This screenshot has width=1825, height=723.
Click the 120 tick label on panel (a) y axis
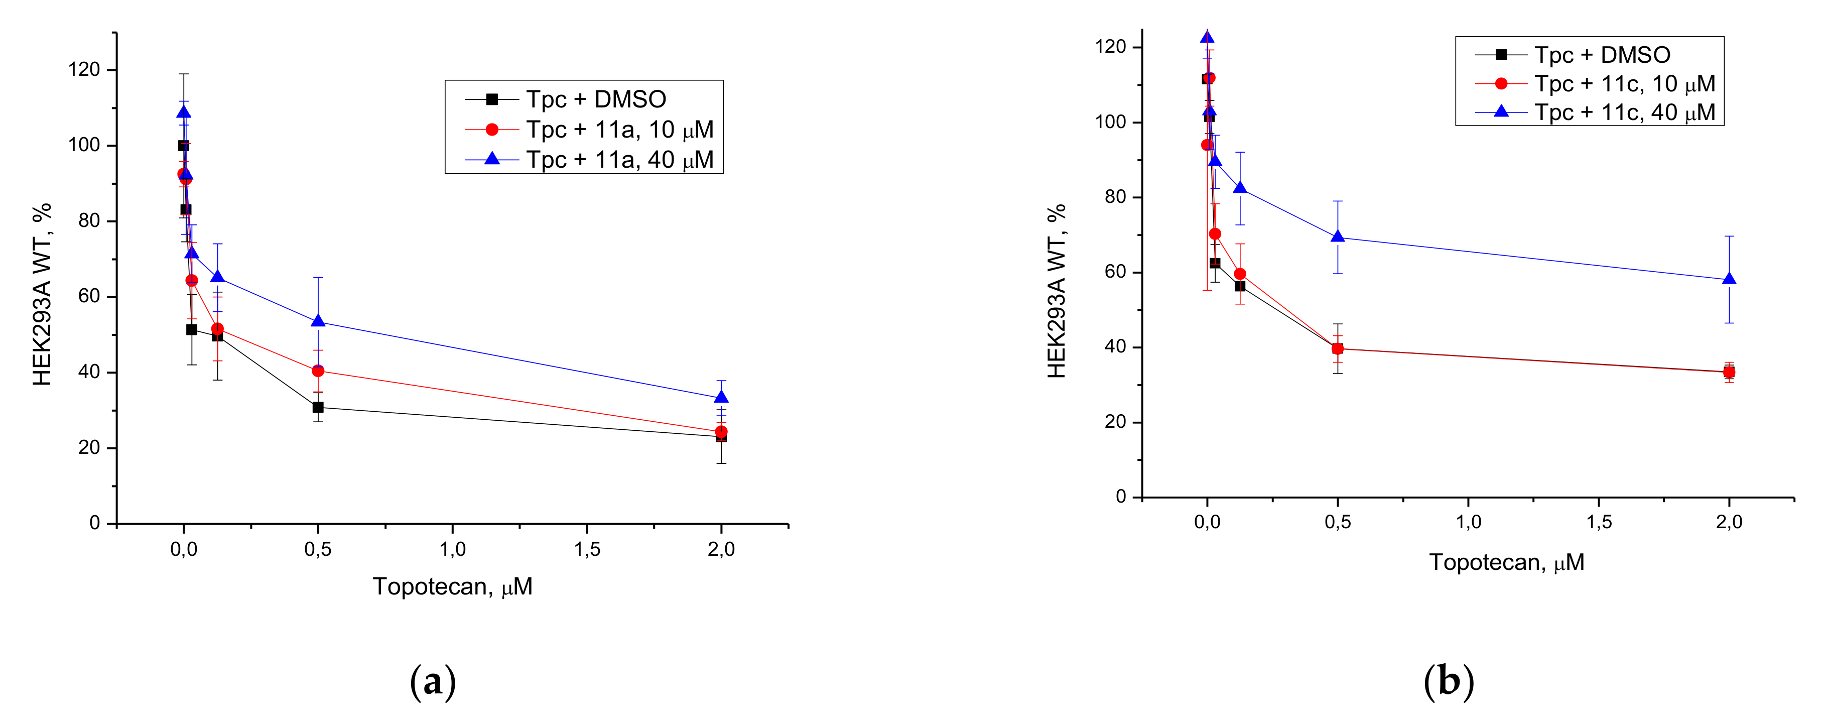click(84, 69)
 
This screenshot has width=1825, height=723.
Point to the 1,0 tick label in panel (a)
click(452, 549)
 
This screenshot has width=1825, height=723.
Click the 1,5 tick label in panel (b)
click(1598, 522)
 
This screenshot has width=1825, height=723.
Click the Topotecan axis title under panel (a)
click(452, 587)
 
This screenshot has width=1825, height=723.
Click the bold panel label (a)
click(432, 682)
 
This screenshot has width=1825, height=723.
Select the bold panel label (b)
click(1448, 682)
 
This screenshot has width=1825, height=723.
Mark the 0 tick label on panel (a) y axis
click(94, 523)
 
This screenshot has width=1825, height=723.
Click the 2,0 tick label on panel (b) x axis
click(1729, 522)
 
